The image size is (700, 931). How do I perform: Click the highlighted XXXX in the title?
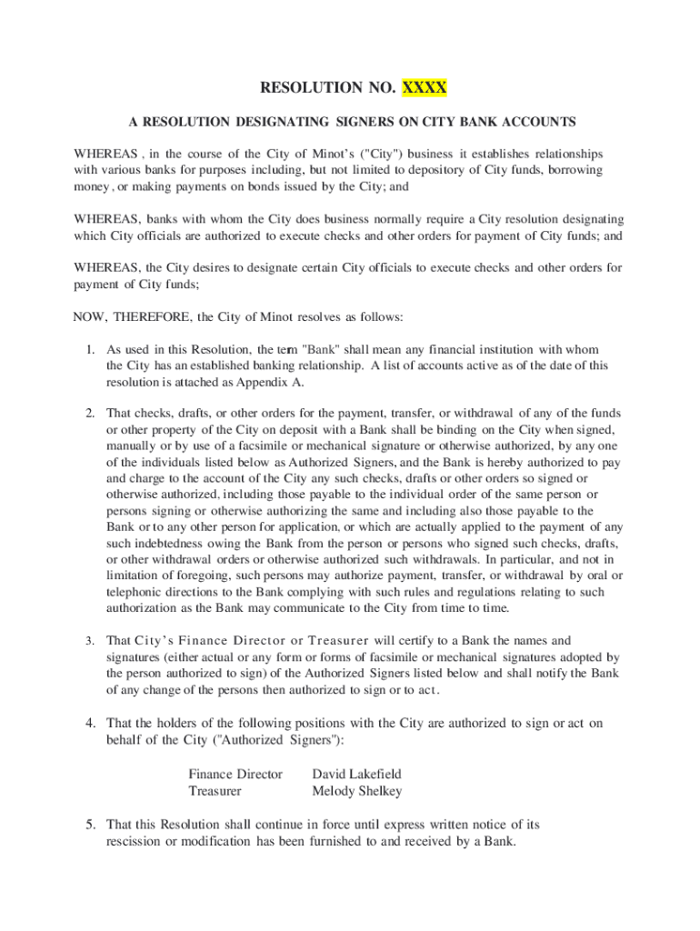click(424, 88)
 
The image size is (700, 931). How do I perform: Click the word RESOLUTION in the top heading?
click(304, 88)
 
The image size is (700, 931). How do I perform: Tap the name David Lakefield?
click(356, 775)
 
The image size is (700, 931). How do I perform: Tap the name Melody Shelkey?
click(356, 792)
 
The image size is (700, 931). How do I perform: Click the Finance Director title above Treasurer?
click(235, 775)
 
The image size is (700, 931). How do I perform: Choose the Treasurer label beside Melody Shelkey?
click(215, 792)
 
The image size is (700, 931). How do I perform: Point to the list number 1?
click(91, 349)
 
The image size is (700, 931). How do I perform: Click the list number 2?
click(91, 412)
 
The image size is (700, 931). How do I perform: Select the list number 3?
click(91, 641)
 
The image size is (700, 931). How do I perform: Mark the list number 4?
click(91, 724)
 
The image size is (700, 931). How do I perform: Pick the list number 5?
click(91, 825)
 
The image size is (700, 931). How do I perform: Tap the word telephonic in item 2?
click(137, 592)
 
